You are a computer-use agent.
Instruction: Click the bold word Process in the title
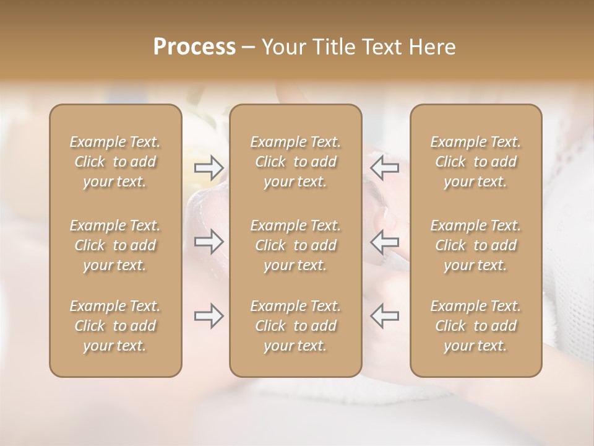click(x=194, y=47)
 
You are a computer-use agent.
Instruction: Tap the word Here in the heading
click(x=432, y=47)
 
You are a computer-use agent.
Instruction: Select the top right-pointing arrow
click(x=209, y=167)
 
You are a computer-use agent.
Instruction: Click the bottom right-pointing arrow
click(x=209, y=316)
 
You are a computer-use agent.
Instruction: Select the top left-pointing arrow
click(x=384, y=167)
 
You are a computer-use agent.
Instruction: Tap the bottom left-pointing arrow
click(x=384, y=316)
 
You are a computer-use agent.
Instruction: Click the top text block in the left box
click(x=115, y=162)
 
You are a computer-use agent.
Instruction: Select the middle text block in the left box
click(x=115, y=245)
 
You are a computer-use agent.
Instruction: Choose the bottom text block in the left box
click(x=115, y=326)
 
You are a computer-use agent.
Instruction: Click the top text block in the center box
click(x=296, y=162)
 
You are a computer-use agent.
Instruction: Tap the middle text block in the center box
click(x=296, y=245)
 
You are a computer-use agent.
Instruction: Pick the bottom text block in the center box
click(x=296, y=326)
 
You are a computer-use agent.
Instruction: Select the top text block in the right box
click(x=476, y=162)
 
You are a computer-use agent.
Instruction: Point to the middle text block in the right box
click(x=476, y=245)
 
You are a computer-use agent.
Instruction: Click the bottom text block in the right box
click(x=476, y=326)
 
